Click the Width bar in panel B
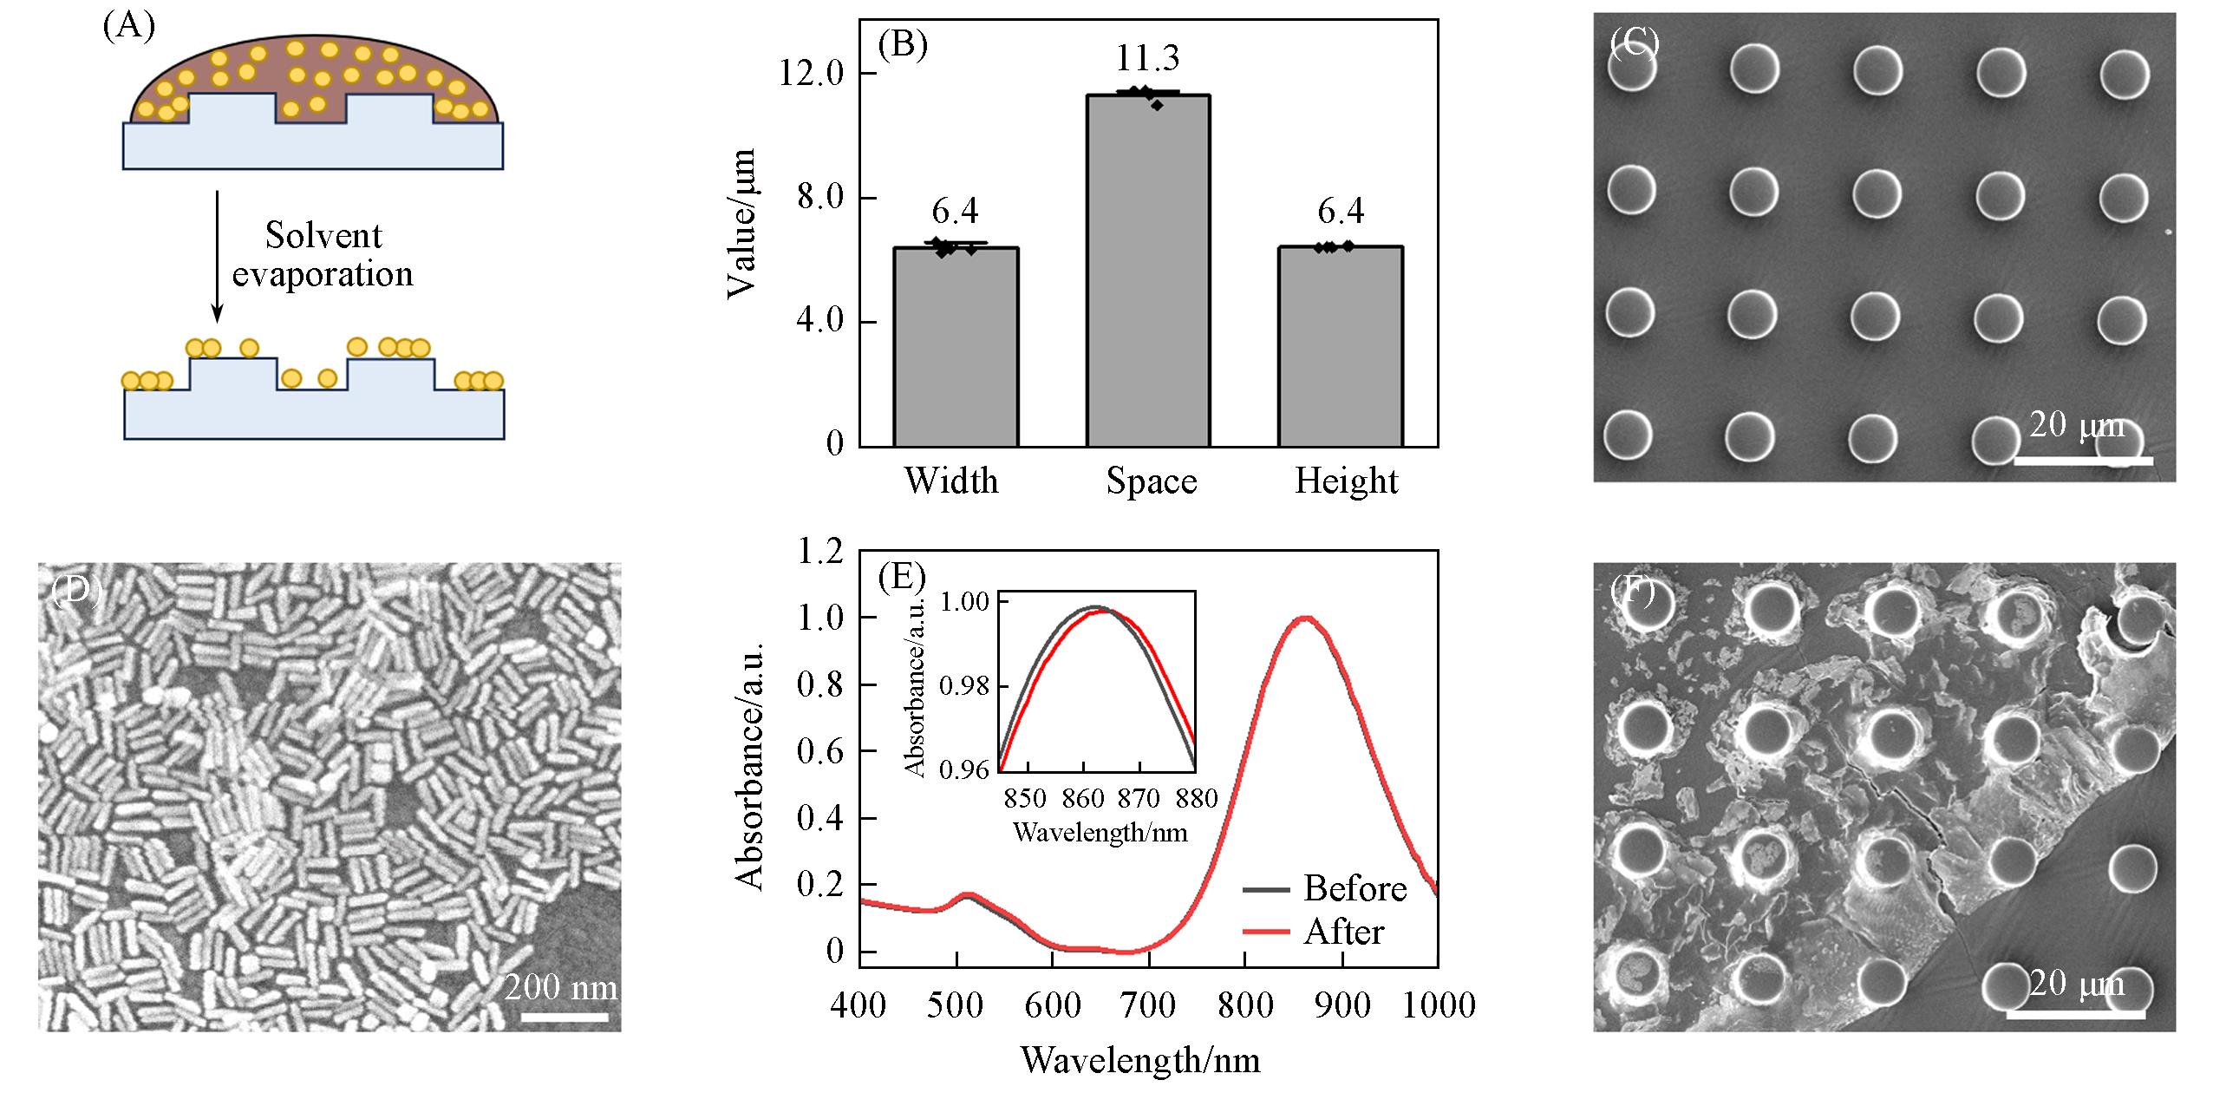pyautogui.click(x=956, y=347)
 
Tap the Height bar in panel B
pyautogui.click(x=1341, y=347)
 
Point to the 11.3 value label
pyautogui.click(x=1147, y=59)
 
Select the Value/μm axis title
pyautogui.click(x=742, y=224)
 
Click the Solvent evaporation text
pyautogui.click(x=323, y=254)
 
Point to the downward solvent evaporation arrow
pyautogui.click(x=218, y=256)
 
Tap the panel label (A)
pyautogui.click(x=128, y=26)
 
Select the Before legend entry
pyautogui.click(x=1355, y=888)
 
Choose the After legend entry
pyautogui.click(x=1343, y=932)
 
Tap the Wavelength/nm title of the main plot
pyautogui.click(x=1140, y=1060)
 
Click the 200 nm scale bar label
pyautogui.click(x=560, y=987)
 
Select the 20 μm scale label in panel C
pyautogui.click(x=2076, y=425)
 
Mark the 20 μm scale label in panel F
pyautogui.click(x=2076, y=983)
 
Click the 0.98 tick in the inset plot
pyautogui.click(x=964, y=686)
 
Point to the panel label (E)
pyautogui.click(x=902, y=577)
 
